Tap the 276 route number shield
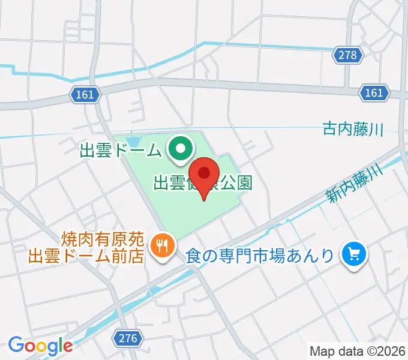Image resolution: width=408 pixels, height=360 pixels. tap(128, 339)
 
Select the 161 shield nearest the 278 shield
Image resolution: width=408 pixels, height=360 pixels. tap(373, 92)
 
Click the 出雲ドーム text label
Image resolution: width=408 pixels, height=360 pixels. tap(121, 149)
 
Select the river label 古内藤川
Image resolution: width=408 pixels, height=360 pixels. tap(352, 129)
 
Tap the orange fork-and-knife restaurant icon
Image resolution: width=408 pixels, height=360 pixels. tap(162, 245)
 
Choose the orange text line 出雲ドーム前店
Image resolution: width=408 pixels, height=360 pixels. tap(86, 256)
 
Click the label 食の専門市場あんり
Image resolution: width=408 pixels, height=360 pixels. tap(259, 256)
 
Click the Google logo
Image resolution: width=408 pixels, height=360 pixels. tap(40, 346)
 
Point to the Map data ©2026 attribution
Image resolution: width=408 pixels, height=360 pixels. tap(357, 351)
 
